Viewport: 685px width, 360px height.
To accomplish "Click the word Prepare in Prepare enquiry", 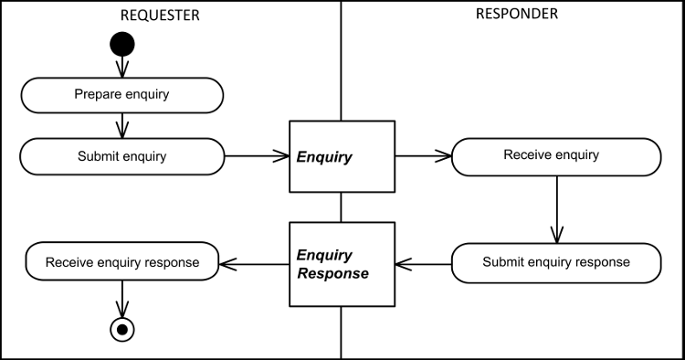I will (97, 94).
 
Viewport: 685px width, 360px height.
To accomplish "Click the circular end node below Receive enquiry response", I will (121, 329).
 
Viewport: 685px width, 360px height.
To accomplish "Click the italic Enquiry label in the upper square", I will (324, 157).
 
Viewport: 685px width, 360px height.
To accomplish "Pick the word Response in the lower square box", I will (332, 274).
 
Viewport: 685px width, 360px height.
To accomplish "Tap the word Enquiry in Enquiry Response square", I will (324, 255).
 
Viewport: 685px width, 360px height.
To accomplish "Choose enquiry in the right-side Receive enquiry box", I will (575, 155).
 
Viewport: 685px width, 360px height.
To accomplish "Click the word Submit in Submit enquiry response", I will (502, 262).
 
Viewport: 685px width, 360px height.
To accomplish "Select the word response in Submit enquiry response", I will (602, 262).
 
